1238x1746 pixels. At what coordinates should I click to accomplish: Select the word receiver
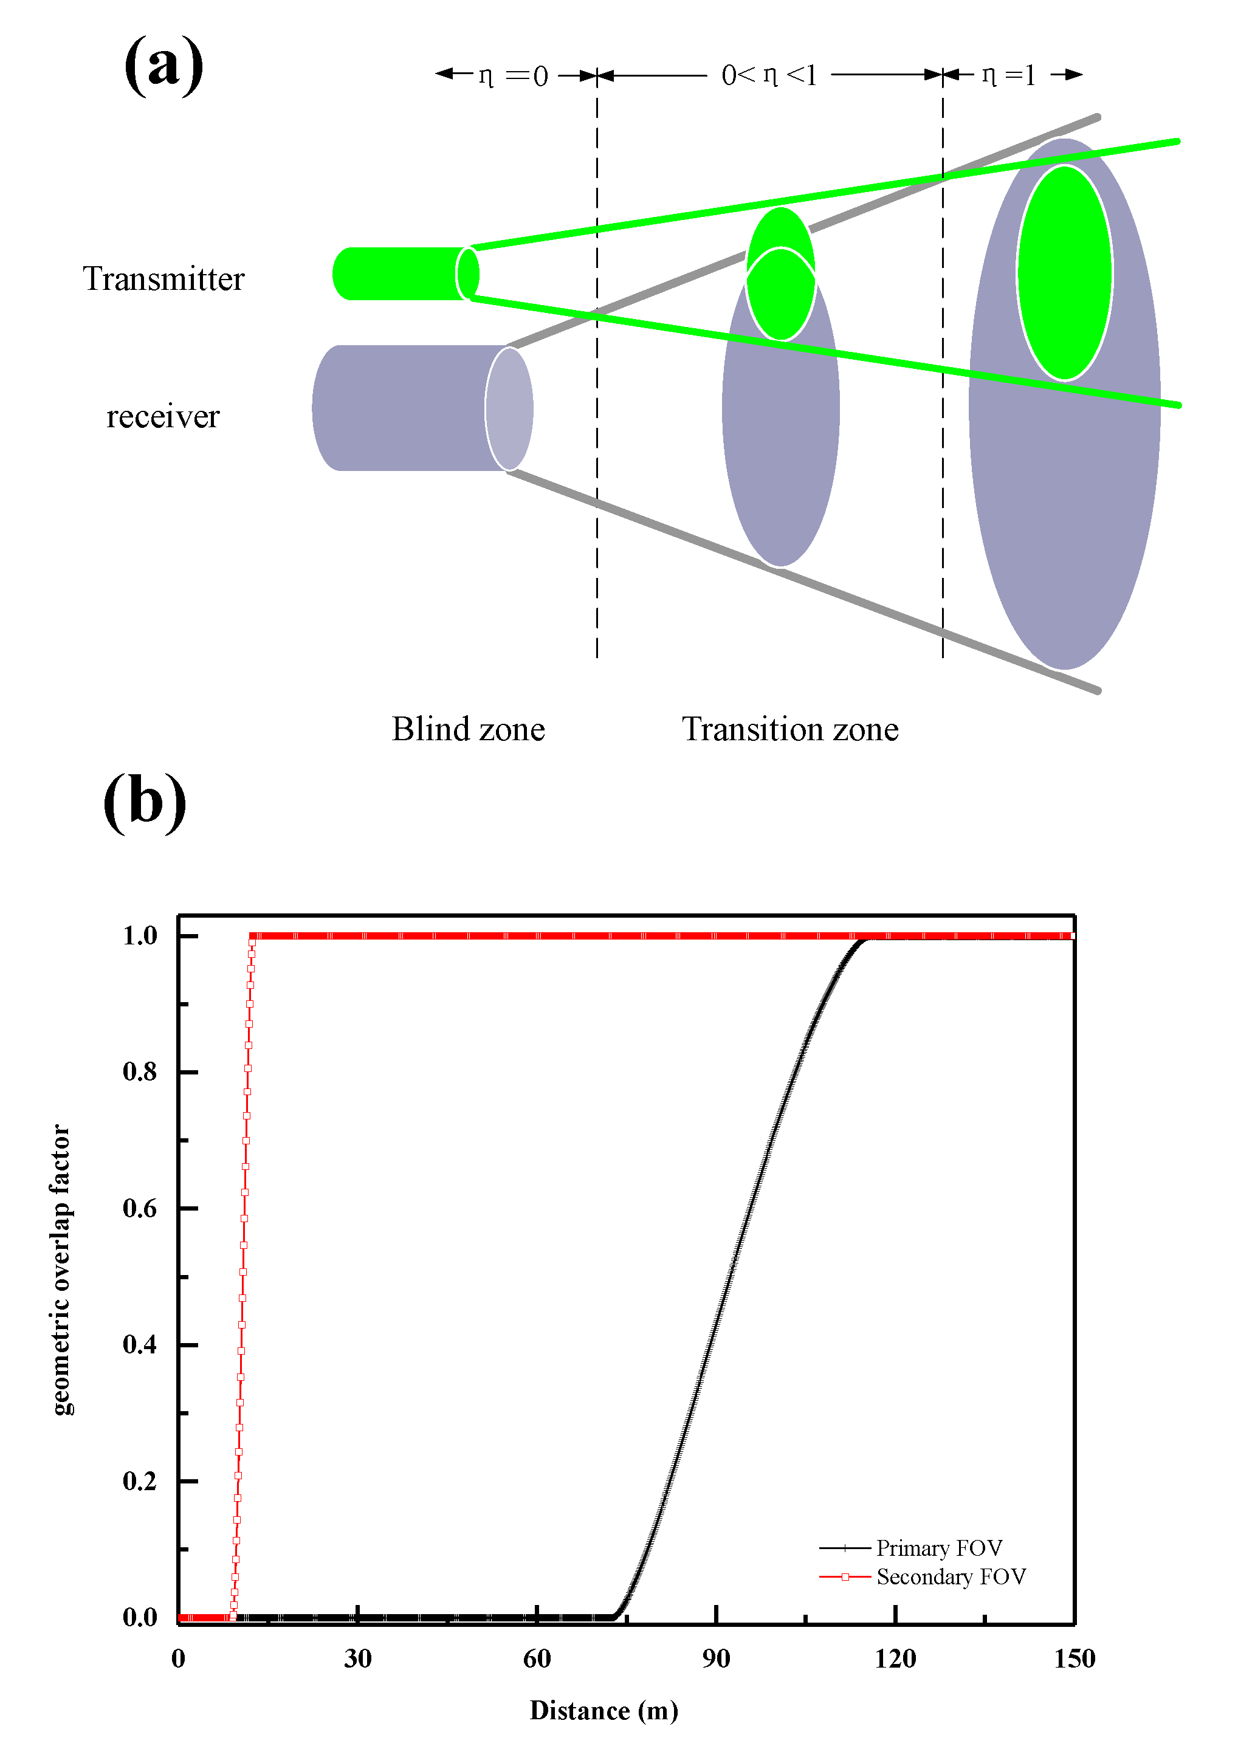[162, 417]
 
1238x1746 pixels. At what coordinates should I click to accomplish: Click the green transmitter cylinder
[401, 273]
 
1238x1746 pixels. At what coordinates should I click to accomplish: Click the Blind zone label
[468, 729]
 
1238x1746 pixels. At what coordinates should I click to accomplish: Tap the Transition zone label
[789, 729]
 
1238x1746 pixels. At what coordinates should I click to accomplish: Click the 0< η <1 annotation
[768, 75]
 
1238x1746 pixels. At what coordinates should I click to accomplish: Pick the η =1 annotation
[1008, 75]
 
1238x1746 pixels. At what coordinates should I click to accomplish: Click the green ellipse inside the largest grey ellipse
[1064, 273]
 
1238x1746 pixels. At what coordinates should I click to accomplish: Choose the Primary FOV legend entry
[938, 1548]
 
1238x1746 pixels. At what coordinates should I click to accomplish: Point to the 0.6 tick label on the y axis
[140, 1208]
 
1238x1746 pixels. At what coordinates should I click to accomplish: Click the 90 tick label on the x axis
[716, 1658]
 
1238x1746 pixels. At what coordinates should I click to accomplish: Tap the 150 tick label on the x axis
[1073, 1658]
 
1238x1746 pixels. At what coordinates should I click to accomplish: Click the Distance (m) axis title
[604, 1710]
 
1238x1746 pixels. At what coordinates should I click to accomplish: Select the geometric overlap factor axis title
[60, 1269]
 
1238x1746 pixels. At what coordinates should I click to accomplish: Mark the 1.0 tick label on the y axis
[140, 936]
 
